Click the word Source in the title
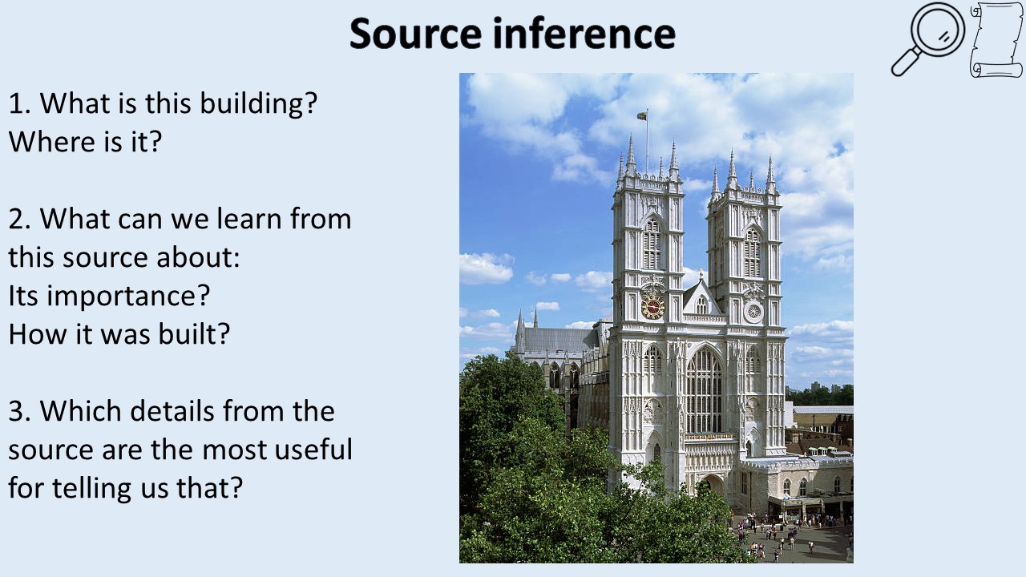tap(415, 33)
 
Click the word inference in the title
tap(584, 33)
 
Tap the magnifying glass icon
tap(928, 39)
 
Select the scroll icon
tap(996, 40)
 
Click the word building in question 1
tap(259, 103)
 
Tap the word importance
tap(127, 297)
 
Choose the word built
tap(194, 333)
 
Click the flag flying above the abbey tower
tap(642, 116)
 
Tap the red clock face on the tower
tap(652, 306)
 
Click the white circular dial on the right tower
tap(753, 312)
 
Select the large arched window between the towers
tap(703, 390)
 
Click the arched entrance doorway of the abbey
tap(711, 486)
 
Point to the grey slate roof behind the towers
tap(560, 340)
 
